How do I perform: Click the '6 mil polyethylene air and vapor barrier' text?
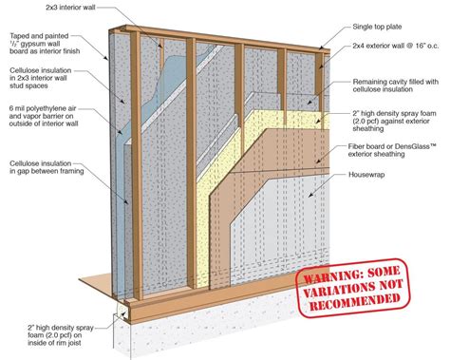(x=40, y=122)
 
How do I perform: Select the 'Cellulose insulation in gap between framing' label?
(x=40, y=176)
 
